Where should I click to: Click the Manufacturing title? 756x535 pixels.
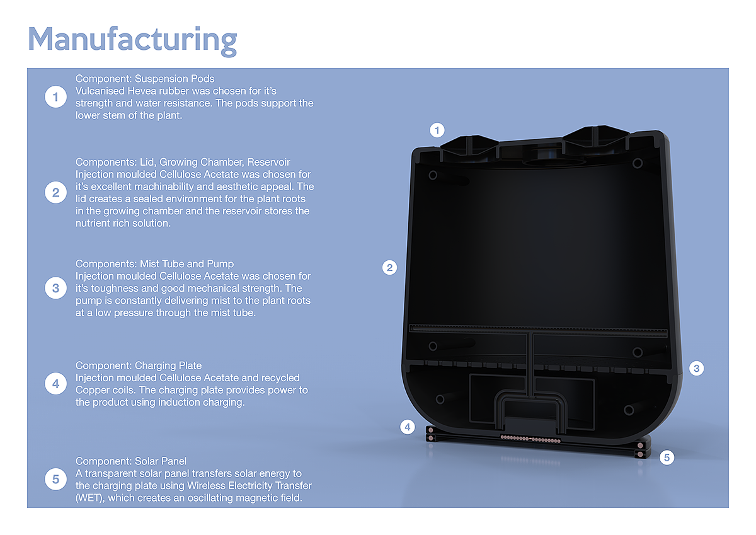[132, 39]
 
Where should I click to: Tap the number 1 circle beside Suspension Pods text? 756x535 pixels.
[55, 97]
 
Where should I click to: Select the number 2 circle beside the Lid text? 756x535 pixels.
[55, 193]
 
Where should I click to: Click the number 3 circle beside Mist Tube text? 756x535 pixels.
[55, 288]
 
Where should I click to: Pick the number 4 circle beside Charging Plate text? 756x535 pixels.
[55, 384]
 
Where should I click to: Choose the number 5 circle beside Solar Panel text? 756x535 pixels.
[55, 480]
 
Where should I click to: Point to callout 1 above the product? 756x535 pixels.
[437, 130]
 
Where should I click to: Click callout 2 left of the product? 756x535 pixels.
[390, 267]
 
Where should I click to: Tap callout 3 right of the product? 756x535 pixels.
[696, 369]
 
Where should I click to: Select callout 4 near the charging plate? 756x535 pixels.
[408, 427]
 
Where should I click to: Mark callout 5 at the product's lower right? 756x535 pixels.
[667, 457]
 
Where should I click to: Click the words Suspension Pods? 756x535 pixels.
[175, 79]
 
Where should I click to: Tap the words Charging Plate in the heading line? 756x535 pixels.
[168, 365]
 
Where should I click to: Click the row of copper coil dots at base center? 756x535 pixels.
[533, 437]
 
